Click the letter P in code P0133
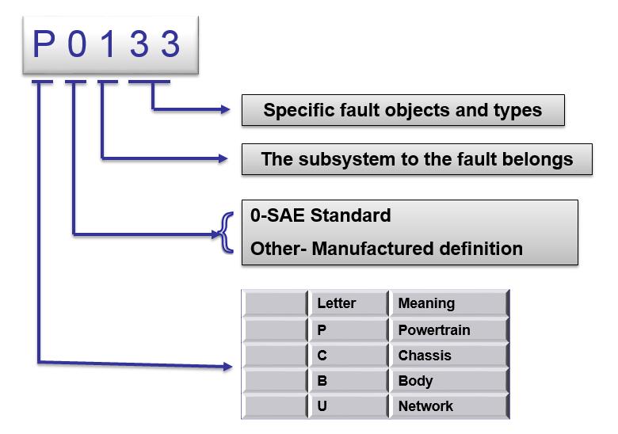point(44,44)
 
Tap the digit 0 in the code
point(77,44)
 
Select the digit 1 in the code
point(108,44)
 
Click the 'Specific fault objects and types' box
point(402,110)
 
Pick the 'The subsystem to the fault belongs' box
point(417,159)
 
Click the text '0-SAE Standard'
point(320,216)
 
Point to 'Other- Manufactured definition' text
point(387,249)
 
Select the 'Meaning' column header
point(448,303)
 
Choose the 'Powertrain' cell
point(448,330)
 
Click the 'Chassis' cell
point(448,356)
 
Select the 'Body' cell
point(448,381)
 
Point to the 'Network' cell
point(448,405)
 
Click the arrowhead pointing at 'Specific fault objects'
point(226,109)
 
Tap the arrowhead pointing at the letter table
point(228,367)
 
